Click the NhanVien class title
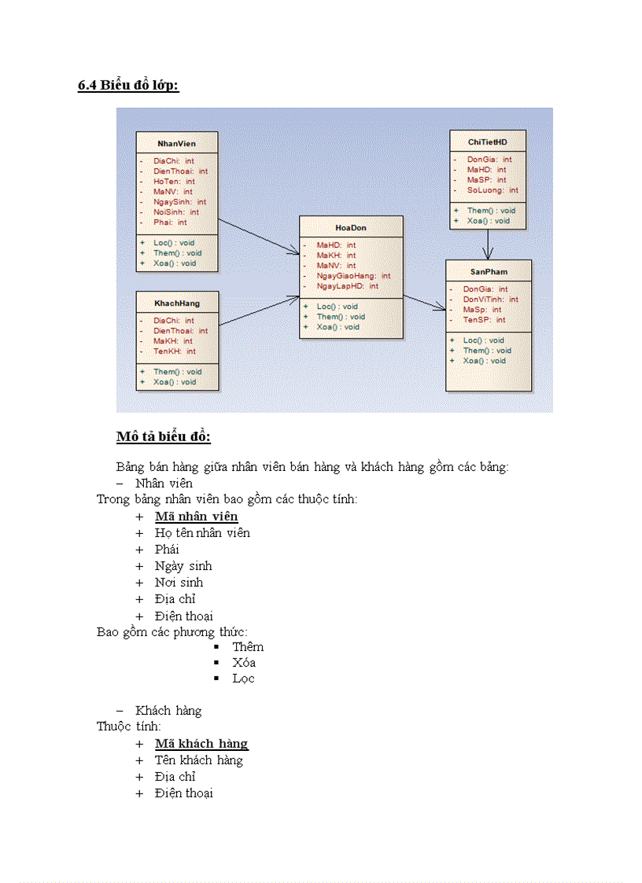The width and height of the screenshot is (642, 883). pyautogui.click(x=176, y=144)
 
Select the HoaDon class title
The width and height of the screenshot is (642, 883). pyautogui.click(x=351, y=228)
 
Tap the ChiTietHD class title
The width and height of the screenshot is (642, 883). pyautogui.click(x=487, y=142)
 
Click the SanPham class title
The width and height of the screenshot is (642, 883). pyautogui.click(x=489, y=271)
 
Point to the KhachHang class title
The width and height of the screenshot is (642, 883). pyautogui.click(x=177, y=304)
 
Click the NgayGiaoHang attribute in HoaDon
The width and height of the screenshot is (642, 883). pyautogui.click(x=353, y=276)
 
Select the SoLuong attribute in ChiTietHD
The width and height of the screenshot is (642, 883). pyautogui.click(x=493, y=190)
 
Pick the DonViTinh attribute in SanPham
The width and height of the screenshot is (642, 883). pyautogui.click(x=490, y=300)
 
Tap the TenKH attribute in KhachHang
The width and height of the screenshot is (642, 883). pyautogui.click(x=175, y=351)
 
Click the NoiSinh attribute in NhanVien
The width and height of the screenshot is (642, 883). pyautogui.click(x=176, y=212)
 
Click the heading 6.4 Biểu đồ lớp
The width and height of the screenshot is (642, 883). pyautogui.click(x=128, y=86)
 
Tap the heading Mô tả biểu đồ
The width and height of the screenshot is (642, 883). pyautogui.click(x=163, y=436)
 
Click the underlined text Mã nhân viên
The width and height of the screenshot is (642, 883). pyautogui.click(x=196, y=517)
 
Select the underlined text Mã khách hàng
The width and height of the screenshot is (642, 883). pyautogui.click(x=201, y=744)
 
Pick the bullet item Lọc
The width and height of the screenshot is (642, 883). pyautogui.click(x=243, y=679)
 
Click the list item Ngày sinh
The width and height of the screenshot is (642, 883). pyautogui.click(x=183, y=566)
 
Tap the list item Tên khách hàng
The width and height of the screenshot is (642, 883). pyautogui.click(x=198, y=760)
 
